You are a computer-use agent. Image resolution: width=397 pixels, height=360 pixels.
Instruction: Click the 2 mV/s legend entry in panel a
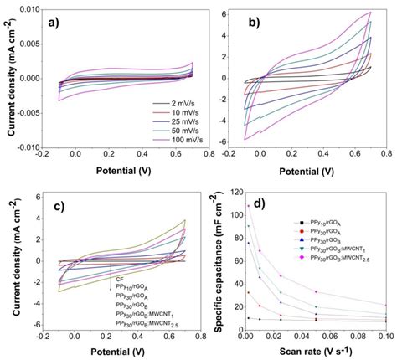(x=160, y=102)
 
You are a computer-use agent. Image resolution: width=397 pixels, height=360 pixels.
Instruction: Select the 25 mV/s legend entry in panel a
(x=160, y=121)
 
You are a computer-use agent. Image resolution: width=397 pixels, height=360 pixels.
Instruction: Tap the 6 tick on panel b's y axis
(x=220, y=13)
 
